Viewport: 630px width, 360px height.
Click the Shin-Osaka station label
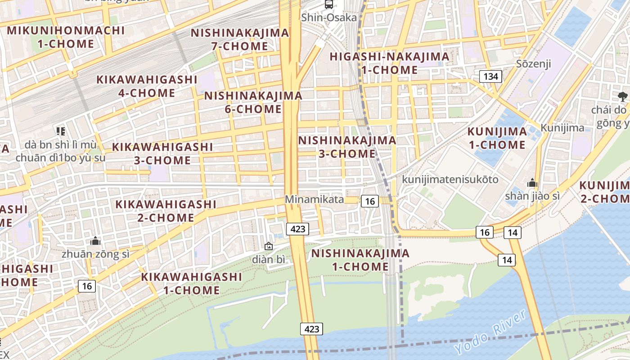click(329, 18)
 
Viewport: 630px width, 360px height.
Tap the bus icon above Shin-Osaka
click(329, 4)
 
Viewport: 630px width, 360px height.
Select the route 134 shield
click(490, 76)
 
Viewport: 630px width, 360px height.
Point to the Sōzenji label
click(534, 63)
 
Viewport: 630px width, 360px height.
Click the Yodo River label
click(490, 332)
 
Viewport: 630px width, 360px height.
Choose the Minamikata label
click(314, 199)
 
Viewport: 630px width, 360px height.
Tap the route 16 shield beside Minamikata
click(369, 201)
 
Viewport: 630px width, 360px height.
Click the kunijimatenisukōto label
click(450, 180)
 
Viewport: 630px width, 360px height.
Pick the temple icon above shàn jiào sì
click(532, 183)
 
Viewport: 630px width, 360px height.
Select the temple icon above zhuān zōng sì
click(95, 241)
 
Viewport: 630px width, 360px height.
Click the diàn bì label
click(269, 260)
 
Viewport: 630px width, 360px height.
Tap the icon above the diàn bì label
click(269, 246)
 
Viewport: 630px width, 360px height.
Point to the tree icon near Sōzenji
click(623, 96)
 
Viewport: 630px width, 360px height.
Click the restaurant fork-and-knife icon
click(61, 131)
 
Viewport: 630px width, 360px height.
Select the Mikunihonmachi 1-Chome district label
click(66, 37)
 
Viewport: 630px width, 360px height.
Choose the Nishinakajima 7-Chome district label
click(240, 40)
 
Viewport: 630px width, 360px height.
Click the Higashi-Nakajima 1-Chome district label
click(389, 63)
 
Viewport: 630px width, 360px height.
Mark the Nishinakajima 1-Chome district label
click(360, 260)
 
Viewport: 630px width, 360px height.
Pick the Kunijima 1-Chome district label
click(497, 138)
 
